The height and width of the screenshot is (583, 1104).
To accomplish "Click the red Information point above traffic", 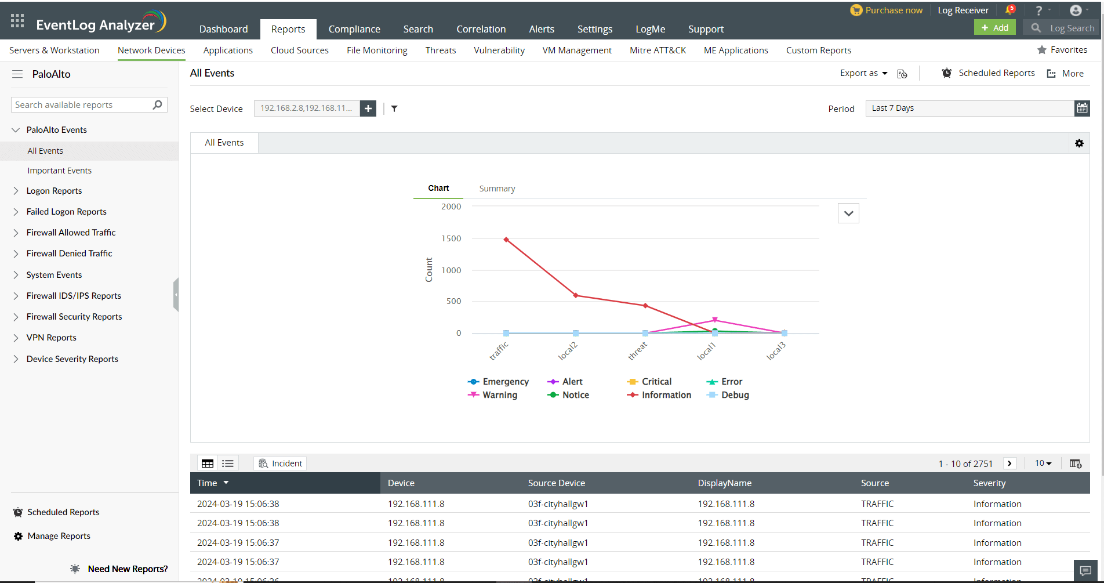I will click(x=506, y=240).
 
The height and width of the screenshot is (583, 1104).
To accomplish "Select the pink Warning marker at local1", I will click(x=715, y=320).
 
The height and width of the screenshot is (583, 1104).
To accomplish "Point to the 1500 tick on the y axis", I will click(x=451, y=238).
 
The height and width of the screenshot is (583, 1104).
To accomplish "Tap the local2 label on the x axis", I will click(x=568, y=351).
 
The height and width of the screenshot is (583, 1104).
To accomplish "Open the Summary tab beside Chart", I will click(x=497, y=189).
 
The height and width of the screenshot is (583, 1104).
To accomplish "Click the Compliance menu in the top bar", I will click(x=354, y=29).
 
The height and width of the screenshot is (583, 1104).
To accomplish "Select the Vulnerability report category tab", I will click(x=499, y=50).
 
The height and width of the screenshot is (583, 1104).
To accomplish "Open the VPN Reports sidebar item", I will click(x=51, y=338).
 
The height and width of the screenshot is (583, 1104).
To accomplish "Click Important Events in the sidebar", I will click(x=59, y=171).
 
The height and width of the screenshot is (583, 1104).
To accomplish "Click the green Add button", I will click(x=994, y=28).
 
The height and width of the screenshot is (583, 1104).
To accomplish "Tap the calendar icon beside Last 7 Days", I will click(x=1082, y=108).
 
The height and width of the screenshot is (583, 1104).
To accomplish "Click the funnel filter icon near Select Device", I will click(x=394, y=108).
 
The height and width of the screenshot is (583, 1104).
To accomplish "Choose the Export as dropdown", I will click(x=863, y=73).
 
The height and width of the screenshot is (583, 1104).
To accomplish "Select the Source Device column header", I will click(x=556, y=483).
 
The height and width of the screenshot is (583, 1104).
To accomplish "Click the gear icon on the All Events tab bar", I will click(x=1079, y=143).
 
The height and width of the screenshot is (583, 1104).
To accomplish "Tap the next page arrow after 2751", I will click(x=1009, y=463).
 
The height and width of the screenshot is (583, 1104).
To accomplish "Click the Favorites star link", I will click(x=1062, y=50).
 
